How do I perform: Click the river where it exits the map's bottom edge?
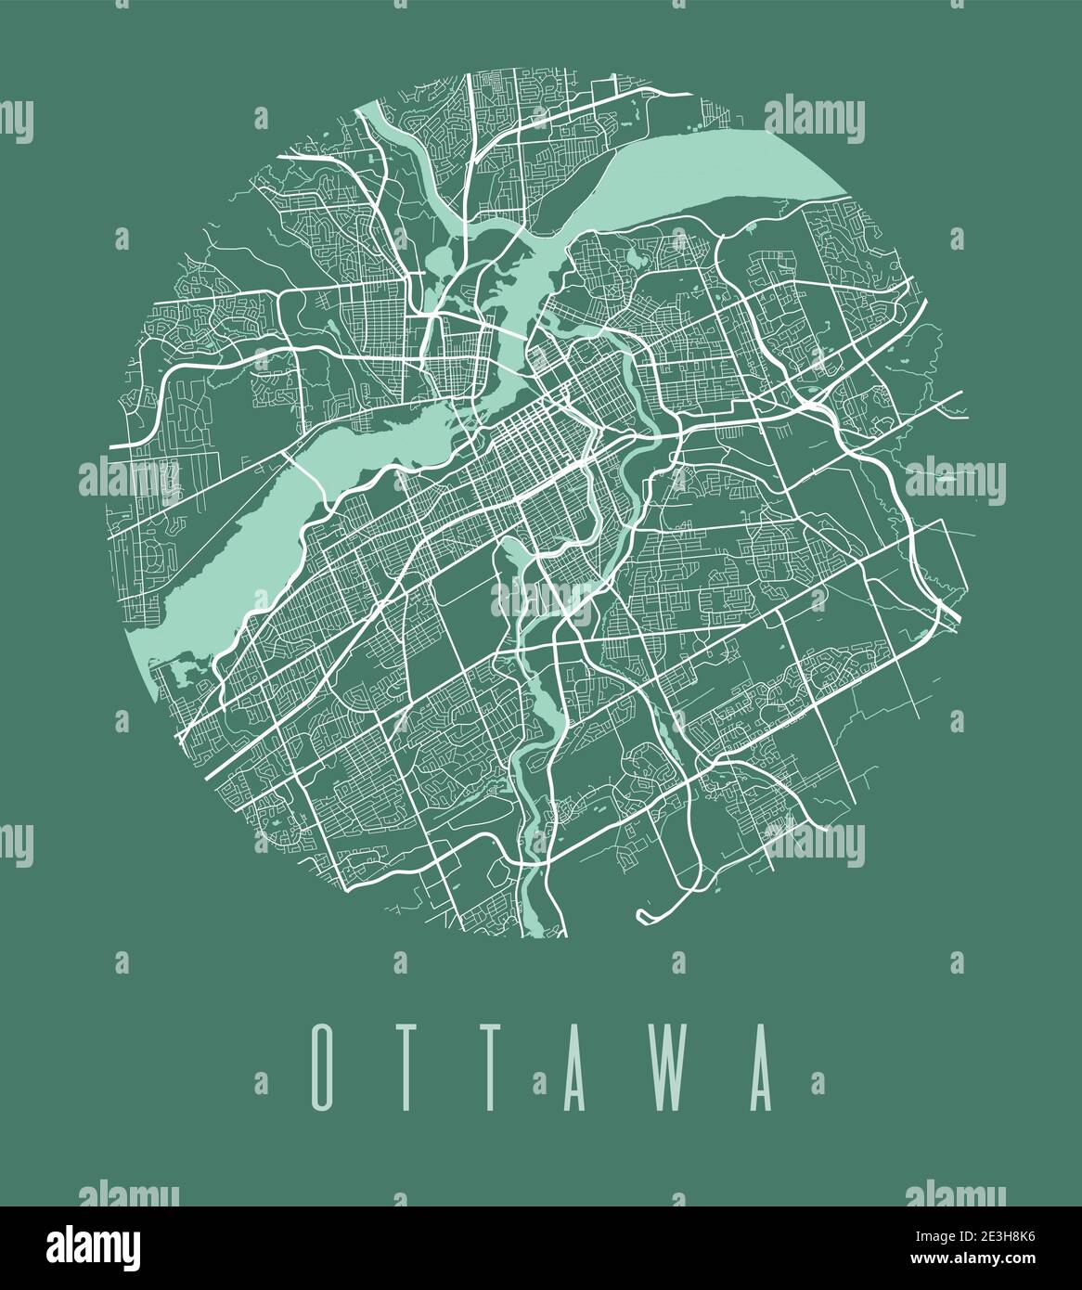547,923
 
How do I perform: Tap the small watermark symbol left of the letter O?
261,1082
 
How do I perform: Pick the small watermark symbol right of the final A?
818,1082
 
